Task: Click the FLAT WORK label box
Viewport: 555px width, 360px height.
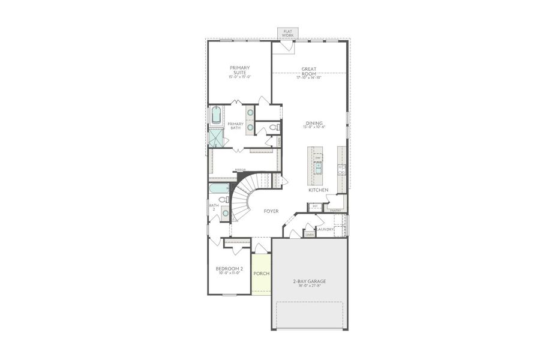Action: (x=288, y=33)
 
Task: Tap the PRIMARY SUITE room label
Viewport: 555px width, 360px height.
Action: (x=239, y=70)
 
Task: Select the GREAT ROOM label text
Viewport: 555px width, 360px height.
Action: (x=309, y=71)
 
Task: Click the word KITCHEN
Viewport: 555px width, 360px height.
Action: (x=319, y=190)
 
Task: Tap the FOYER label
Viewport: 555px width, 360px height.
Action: (x=271, y=211)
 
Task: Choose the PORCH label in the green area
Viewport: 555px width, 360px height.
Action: (x=261, y=274)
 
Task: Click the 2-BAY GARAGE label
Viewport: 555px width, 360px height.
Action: (x=309, y=281)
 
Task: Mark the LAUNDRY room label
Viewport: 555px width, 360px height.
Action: (x=326, y=229)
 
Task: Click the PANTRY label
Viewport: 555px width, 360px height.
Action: (x=336, y=211)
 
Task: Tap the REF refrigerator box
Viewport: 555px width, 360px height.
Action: (x=314, y=206)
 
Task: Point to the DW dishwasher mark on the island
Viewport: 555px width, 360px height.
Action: (x=317, y=158)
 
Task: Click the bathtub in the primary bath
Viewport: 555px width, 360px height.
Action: (x=215, y=115)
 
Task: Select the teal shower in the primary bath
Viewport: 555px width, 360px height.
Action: (x=215, y=138)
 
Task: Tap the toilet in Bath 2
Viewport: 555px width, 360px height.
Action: (x=222, y=200)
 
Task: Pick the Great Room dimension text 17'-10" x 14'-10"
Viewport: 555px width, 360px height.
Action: (x=309, y=77)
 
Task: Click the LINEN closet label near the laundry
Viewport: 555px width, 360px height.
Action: (x=309, y=235)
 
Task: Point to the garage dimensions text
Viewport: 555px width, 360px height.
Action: (x=309, y=286)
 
